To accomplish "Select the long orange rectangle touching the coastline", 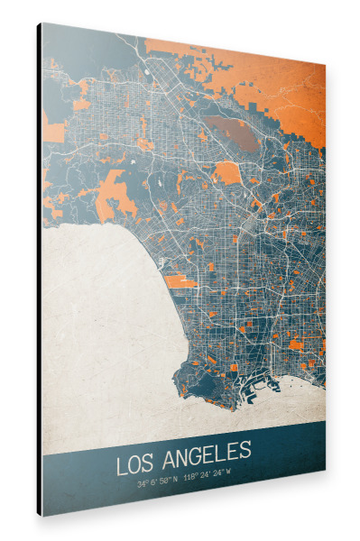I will (x=180, y=281).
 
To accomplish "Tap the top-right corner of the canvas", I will (x=325, y=66).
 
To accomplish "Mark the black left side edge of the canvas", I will (x=39, y=270).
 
